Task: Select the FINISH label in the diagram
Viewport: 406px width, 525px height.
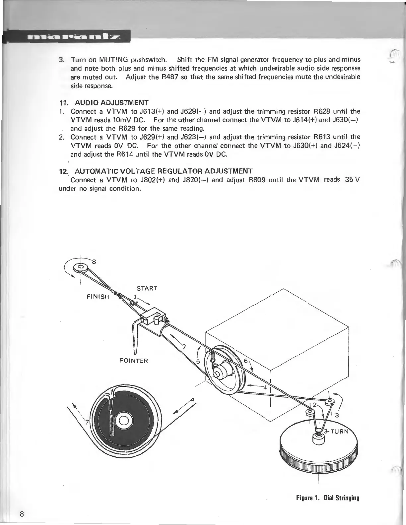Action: [98, 297]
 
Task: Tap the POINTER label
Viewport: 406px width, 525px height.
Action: [133, 361]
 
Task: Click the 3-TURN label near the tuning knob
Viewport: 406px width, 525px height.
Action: [336, 431]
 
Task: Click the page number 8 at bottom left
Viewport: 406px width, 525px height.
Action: [22, 514]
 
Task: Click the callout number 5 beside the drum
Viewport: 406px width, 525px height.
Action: [198, 362]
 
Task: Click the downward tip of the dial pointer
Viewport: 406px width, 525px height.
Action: [135, 352]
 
